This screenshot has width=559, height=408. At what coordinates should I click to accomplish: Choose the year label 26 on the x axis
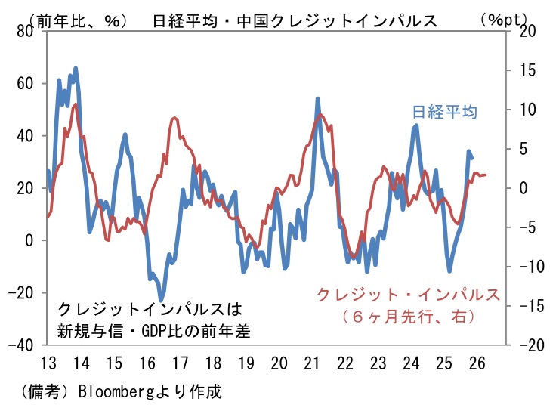(x=477, y=363)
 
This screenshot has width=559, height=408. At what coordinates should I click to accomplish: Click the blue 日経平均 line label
(x=445, y=112)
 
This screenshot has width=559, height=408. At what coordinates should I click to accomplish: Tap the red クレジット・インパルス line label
(x=408, y=294)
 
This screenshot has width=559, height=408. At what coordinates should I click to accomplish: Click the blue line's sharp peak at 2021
(x=317, y=98)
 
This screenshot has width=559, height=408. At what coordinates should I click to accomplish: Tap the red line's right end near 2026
(x=485, y=175)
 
